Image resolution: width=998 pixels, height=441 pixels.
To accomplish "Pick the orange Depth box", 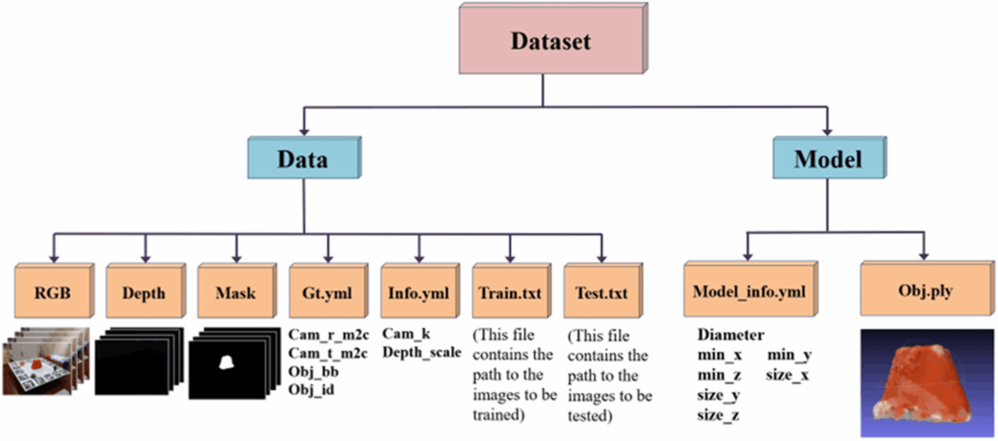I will (x=143, y=293).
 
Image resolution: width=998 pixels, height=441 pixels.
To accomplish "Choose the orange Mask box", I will (x=235, y=293).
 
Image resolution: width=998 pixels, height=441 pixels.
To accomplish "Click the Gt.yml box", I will (x=327, y=293).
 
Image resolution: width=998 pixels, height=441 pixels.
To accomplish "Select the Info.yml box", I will (x=419, y=293).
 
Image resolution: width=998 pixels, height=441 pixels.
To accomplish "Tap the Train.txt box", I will (x=510, y=293).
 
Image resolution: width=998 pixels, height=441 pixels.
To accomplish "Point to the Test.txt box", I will (x=602, y=293).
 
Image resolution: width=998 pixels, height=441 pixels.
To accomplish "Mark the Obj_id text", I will (x=311, y=389).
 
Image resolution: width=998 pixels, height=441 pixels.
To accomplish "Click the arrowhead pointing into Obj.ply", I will (x=924, y=256).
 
